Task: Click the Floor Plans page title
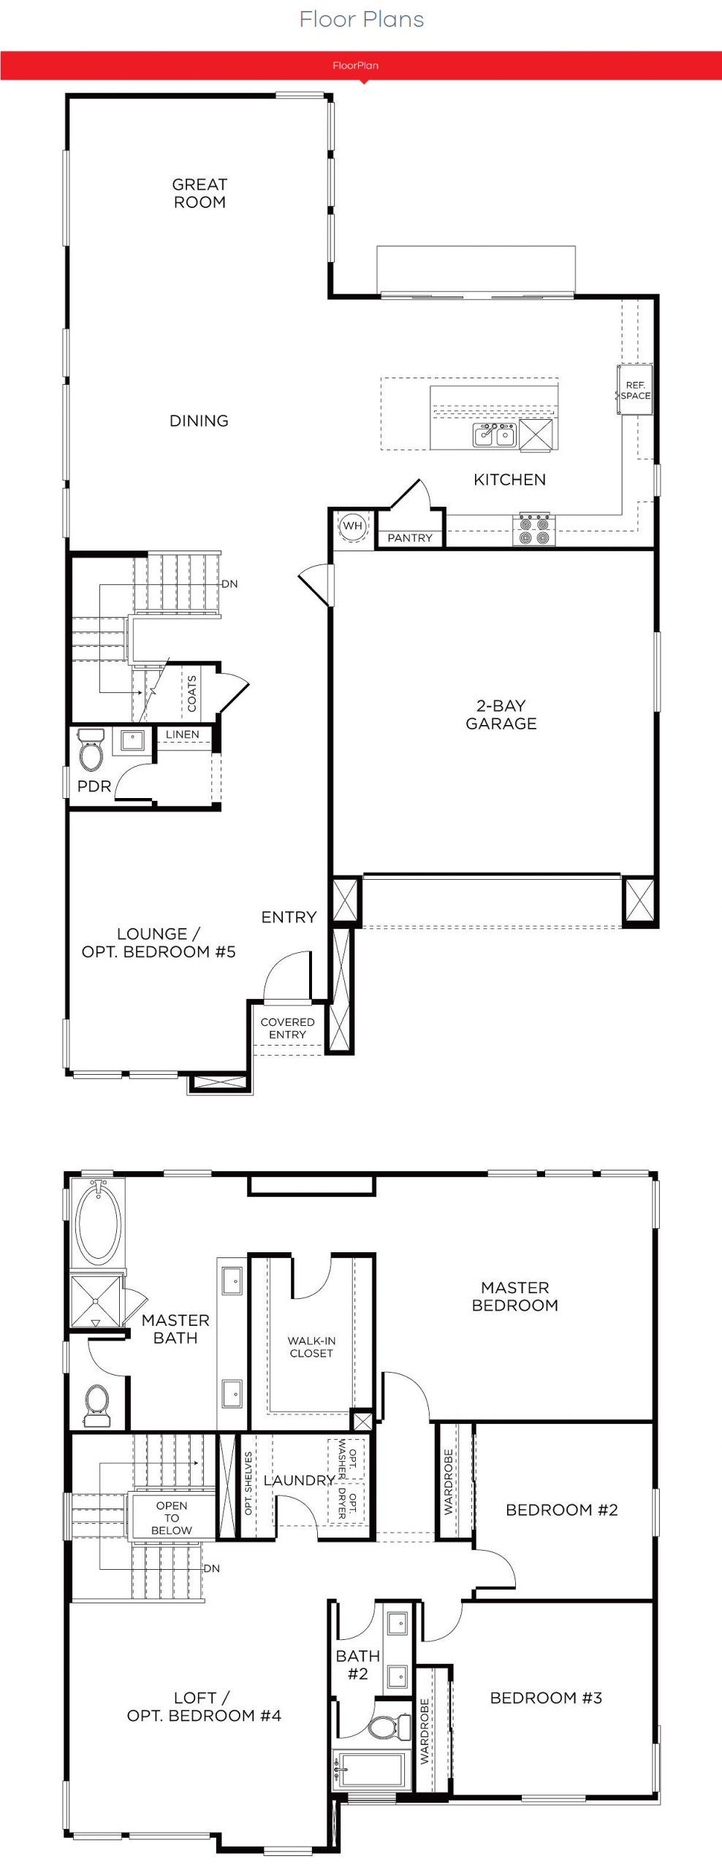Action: [361, 19]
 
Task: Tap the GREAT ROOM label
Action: [199, 193]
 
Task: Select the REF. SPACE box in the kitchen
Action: [635, 390]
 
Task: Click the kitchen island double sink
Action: [495, 434]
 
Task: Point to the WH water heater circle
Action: [353, 526]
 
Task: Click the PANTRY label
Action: [410, 538]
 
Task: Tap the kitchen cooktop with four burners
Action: [534, 530]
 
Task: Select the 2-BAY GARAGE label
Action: [501, 715]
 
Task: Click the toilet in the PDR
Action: [91, 751]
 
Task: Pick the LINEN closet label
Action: [182, 735]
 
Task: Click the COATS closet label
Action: [192, 694]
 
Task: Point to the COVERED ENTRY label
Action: [287, 1028]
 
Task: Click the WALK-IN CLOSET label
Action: [311, 1347]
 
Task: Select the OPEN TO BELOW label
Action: [172, 1518]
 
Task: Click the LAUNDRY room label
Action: [299, 1480]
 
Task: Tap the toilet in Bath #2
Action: [389, 1728]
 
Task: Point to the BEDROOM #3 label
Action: [546, 1698]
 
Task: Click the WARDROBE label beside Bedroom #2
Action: [448, 1482]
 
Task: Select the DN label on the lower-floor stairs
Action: [229, 584]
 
